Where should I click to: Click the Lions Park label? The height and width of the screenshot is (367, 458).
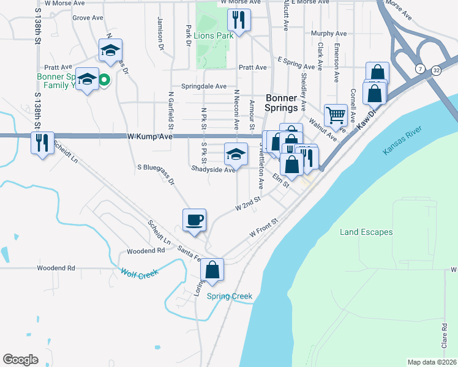[x=214, y=35]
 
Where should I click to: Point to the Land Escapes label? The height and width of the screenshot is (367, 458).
[x=366, y=232]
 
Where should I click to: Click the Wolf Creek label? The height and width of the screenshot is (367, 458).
[x=140, y=273]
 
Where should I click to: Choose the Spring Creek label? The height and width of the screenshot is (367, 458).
[x=230, y=297]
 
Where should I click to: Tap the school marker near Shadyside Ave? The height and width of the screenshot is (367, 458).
[x=236, y=154]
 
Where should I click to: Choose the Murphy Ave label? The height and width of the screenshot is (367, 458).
[x=329, y=34]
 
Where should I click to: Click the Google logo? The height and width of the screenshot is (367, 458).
[x=20, y=359]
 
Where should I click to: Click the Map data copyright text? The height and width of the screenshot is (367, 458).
[x=431, y=362]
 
